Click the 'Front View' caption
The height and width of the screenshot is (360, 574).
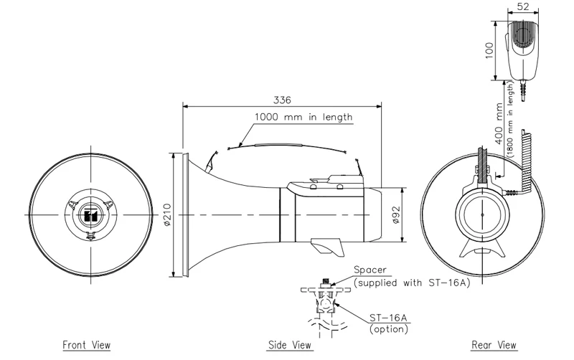(x=87, y=346)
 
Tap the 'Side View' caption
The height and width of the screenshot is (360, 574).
(x=290, y=346)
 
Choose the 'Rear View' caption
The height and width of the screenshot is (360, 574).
(x=494, y=346)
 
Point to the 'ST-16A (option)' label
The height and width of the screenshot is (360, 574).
(x=388, y=323)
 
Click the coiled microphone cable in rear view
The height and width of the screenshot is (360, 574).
(x=525, y=161)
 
